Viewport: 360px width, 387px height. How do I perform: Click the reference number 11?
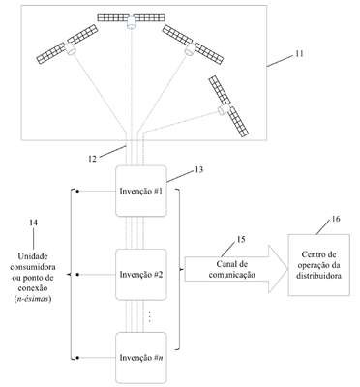coord(299,53)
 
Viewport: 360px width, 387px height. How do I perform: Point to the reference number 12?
coord(92,159)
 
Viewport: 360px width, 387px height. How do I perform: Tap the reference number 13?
coord(199,169)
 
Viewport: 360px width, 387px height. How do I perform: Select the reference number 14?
coord(33,223)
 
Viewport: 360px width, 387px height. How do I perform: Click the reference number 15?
coord(241,239)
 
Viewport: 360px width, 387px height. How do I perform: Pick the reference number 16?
coord(336,219)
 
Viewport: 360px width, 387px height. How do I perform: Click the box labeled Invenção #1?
coord(141,191)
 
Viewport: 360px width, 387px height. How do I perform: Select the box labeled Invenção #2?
coord(141,274)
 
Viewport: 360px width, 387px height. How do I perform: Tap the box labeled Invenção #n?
coord(141,358)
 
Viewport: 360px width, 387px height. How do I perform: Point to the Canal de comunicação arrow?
coord(236,269)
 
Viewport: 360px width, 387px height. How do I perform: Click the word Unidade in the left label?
coord(33,256)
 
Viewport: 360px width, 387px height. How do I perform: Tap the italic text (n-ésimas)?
coord(33,299)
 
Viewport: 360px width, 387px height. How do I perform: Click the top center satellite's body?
coord(132,22)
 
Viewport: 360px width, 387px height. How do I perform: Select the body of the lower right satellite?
coord(224,109)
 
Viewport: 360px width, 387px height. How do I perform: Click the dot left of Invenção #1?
coord(77,191)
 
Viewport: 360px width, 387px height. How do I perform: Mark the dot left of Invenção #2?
coord(77,275)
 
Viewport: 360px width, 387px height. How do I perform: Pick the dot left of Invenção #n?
coord(77,358)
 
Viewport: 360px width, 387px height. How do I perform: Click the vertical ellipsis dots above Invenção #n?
coord(150,316)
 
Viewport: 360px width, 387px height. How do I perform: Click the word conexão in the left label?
coord(33,287)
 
